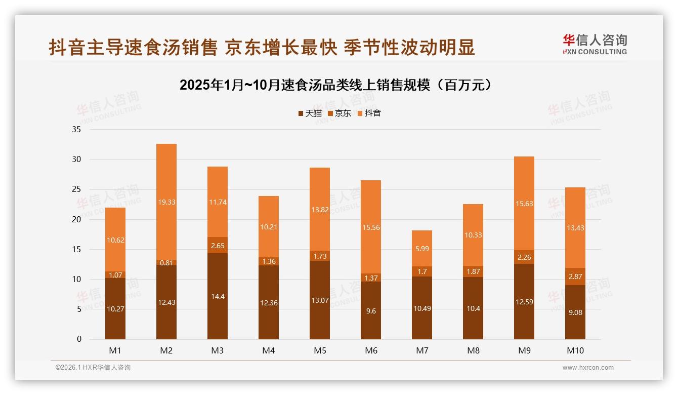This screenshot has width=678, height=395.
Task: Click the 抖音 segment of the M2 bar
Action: point(166,202)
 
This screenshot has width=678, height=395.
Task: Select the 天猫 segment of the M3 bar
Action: point(218,296)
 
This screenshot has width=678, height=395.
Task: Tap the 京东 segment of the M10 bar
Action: point(575,276)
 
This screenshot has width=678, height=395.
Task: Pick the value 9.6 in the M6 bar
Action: point(371,311)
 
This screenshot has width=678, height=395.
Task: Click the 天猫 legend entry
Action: point(310,113)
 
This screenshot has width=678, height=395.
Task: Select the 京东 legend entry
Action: point(340,113)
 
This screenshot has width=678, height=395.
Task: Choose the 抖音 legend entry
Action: point(369,113)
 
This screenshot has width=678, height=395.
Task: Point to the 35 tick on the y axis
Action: point(76,129)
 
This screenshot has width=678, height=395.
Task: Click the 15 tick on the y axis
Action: point(76,249)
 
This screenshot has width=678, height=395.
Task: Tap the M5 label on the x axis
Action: point(320,350)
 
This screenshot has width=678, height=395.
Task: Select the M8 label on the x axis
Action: point(473,350)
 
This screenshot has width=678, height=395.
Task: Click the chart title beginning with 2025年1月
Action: point(336,85)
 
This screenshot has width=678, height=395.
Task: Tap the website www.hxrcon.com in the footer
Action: point(588,368)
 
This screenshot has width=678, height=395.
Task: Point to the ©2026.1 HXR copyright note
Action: point(93,368)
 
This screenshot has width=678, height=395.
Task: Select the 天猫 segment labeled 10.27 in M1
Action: point(115,308)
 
